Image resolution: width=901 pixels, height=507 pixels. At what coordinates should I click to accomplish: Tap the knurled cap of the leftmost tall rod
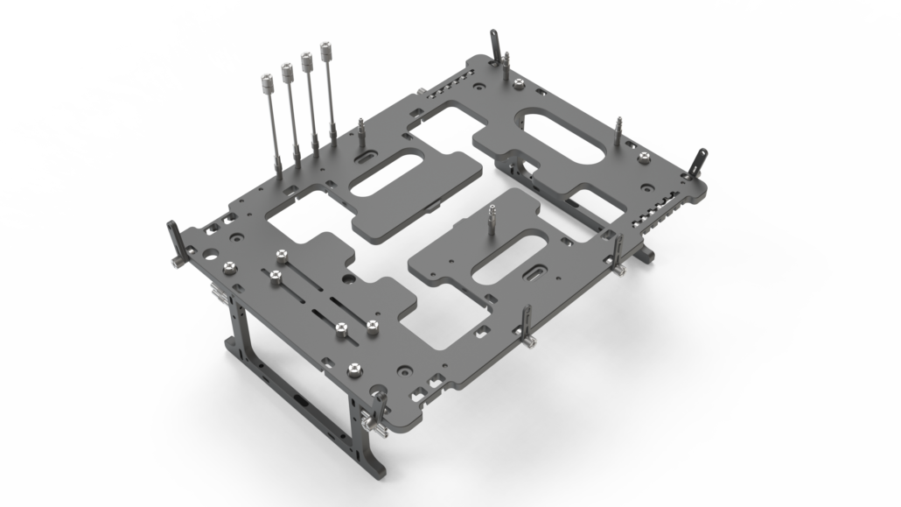(265, 86)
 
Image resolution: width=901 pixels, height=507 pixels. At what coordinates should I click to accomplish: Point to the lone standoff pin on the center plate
(492, 214)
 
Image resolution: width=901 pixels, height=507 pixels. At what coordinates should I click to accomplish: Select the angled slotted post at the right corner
(698, 165)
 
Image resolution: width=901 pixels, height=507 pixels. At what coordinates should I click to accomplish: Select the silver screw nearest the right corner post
(645, 157)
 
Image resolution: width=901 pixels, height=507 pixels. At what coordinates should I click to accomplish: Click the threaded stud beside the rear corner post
(506, 61)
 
